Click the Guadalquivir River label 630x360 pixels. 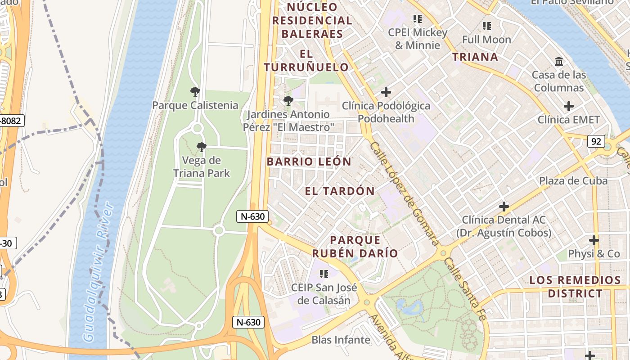(99, 272)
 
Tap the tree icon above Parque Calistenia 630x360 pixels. (195, 92)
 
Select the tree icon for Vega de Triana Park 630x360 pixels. (202, 147)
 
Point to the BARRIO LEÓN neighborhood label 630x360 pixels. (309, 162)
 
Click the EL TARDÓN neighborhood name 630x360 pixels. (340, 191)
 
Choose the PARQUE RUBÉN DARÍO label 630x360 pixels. (355, 247)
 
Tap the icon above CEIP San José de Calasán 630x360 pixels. (324, 274)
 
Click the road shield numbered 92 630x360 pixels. (596, 141)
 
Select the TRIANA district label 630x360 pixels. (475, 57)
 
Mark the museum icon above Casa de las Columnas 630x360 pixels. (559, 61)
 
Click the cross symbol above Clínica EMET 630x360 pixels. (569, 107)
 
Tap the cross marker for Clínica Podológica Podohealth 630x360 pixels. (386, 93)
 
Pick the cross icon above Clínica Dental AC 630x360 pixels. (504, 207)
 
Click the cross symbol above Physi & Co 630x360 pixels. (594, 240)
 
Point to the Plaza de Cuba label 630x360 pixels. (573, 180)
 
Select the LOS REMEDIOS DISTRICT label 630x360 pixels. (575, 287)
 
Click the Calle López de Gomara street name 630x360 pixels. (404, 193)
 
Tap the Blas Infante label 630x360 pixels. (341, 340)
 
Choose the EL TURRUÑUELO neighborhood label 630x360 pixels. (306, 61)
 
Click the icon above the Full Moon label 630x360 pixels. (486, 26)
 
